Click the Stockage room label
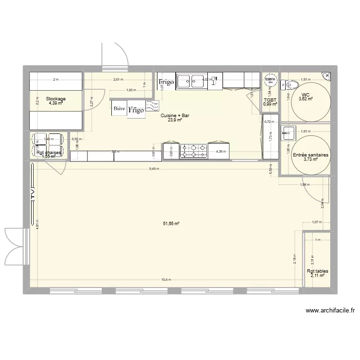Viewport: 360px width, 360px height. coord(56,99)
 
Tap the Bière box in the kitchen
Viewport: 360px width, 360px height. coord(119,109)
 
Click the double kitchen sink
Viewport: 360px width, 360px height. coord(191,81)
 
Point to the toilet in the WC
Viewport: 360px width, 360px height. coord(288,85)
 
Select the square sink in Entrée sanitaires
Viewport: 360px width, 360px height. coord(288,132)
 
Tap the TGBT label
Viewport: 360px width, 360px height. coord(270,100)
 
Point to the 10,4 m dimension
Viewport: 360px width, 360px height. coord(166,280)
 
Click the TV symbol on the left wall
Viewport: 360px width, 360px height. coord(32,193)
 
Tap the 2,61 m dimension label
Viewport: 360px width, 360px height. coord(118,80)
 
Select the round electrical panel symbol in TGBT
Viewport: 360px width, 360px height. coord(270,80)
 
